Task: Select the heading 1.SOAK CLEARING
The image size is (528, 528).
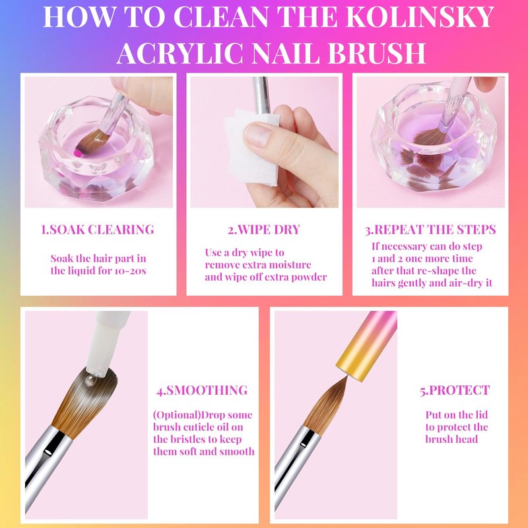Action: click(98, 229)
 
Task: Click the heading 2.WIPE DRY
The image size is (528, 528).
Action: click(263, 229)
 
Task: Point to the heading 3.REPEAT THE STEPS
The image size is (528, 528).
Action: click(430, 229)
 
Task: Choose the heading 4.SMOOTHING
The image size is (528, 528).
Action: click(202, 390)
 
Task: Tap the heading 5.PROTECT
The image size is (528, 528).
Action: click(455, 390)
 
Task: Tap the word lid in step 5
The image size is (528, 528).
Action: click(482, 414)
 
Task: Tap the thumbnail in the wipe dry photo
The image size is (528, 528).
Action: click(257, 135)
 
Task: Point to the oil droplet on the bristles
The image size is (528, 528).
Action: click(90, 380)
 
